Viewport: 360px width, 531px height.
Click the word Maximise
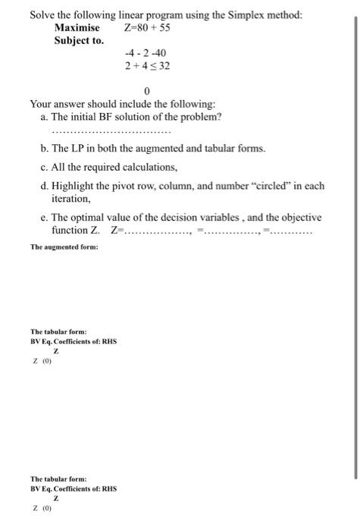coord(77,28)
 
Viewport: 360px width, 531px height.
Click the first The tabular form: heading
coord(58,331)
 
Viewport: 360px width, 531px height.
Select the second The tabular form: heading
coord(58,479)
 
